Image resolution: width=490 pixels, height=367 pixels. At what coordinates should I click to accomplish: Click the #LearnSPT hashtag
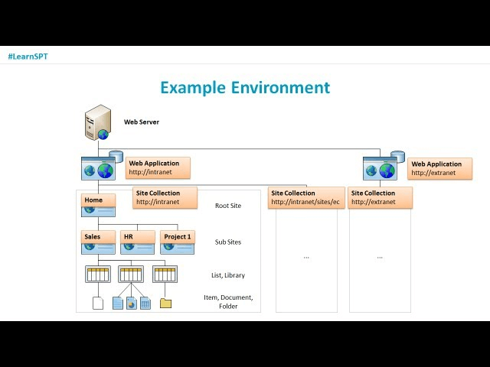(x=28, y=57)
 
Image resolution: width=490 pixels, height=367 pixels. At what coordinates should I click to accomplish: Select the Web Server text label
(x=142, y=122)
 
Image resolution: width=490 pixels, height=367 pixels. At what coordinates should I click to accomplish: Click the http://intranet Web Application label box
(x=158, y=167)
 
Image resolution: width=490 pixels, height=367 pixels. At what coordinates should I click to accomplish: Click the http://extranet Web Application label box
(x=440, y=167)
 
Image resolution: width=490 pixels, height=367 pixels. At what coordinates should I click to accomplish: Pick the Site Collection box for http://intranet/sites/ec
(x=304, y=197)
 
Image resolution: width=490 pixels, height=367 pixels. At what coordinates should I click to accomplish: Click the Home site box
(x=98, y=201)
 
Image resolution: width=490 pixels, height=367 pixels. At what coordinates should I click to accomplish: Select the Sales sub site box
(x=98, y=238)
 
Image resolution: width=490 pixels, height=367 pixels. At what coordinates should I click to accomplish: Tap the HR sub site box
(x=137, y=238)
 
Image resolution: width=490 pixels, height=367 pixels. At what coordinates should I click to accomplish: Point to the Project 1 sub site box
(x=178, y=238)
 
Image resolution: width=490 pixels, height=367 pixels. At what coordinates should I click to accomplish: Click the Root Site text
(x=228, y=206)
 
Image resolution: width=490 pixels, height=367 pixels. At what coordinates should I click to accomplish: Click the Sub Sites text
(x=228, y=242)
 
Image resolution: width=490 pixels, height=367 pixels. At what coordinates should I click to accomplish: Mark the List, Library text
(x=228, y=275)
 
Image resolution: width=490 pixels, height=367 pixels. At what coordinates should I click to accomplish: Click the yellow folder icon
(x=165, y=304)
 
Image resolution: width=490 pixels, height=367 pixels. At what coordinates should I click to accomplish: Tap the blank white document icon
(x=98, y=303)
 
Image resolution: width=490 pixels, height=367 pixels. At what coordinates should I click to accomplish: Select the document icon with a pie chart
(x=132, y=303)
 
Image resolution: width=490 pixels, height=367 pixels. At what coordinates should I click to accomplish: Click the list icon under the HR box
(x=131, y=274)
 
